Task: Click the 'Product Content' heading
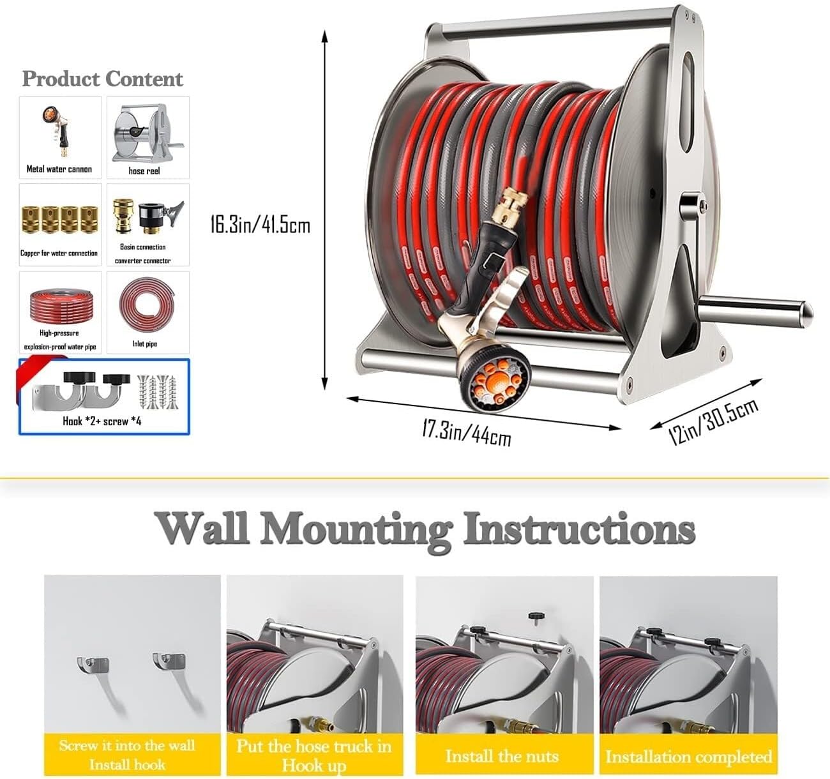[x=102, y=79]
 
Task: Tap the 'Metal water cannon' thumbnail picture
[x=60, y=131]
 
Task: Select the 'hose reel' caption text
[x=144, y=171]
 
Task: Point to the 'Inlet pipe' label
[x=145, y=344]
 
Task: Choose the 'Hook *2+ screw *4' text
[x=102, y=421]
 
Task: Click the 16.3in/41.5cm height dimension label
[x=260, y=225]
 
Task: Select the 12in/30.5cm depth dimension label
[x=713, y=421]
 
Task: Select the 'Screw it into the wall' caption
[x=127, y=745]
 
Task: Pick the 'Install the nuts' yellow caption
[x=502, y=757]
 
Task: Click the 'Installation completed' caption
[x=689, y=757]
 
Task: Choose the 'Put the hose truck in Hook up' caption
[x=313, y=755]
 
